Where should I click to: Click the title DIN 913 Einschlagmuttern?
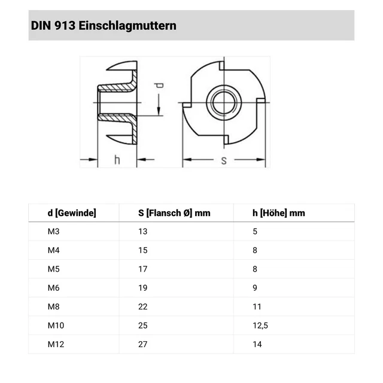102,26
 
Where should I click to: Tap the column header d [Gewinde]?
71,212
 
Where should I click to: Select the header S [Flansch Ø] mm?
174,212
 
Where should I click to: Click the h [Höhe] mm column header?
279,212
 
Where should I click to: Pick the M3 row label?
53,231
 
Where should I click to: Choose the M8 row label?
53,306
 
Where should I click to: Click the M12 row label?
55,344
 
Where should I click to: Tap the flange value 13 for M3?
142,231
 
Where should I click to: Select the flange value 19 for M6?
142,288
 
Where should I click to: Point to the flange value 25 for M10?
143,326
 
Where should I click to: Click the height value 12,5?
259,326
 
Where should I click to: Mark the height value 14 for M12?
257,344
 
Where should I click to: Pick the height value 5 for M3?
255,231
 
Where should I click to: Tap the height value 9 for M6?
255,288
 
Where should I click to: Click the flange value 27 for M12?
143,344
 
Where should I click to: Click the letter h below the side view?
117,159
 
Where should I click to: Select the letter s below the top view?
224,160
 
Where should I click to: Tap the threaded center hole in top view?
223,102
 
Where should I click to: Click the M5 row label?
53,269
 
